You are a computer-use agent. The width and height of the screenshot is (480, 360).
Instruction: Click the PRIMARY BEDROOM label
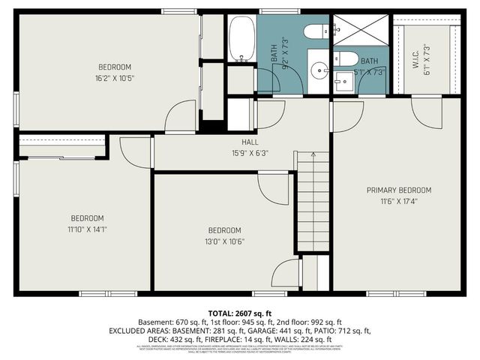point(398,190)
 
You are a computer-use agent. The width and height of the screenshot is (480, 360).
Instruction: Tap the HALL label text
point(250,142)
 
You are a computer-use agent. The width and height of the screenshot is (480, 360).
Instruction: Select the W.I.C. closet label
point(415,54)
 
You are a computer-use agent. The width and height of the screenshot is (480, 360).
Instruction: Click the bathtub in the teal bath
point(242,39)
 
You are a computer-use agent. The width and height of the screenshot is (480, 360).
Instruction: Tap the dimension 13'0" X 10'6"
point(224,241)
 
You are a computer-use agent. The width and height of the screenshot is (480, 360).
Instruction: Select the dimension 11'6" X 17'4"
point(398,202)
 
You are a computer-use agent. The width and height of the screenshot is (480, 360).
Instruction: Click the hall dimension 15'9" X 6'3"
point(250,152)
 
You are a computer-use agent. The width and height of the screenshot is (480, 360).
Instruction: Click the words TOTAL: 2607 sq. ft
point(239,312)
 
